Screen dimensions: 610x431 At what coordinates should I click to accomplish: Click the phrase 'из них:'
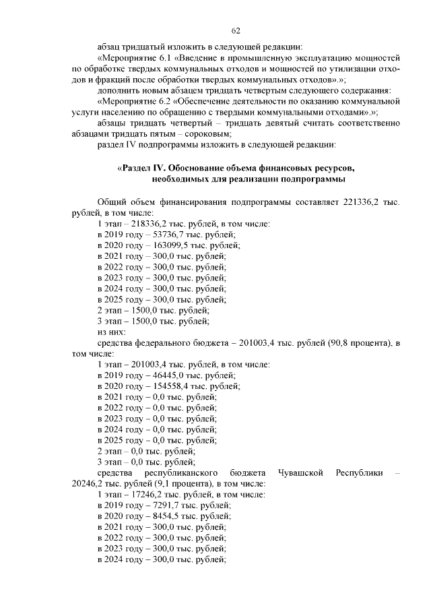click(x=112, y=332)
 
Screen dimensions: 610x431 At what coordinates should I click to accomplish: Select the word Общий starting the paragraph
click(x=112, y=202)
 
